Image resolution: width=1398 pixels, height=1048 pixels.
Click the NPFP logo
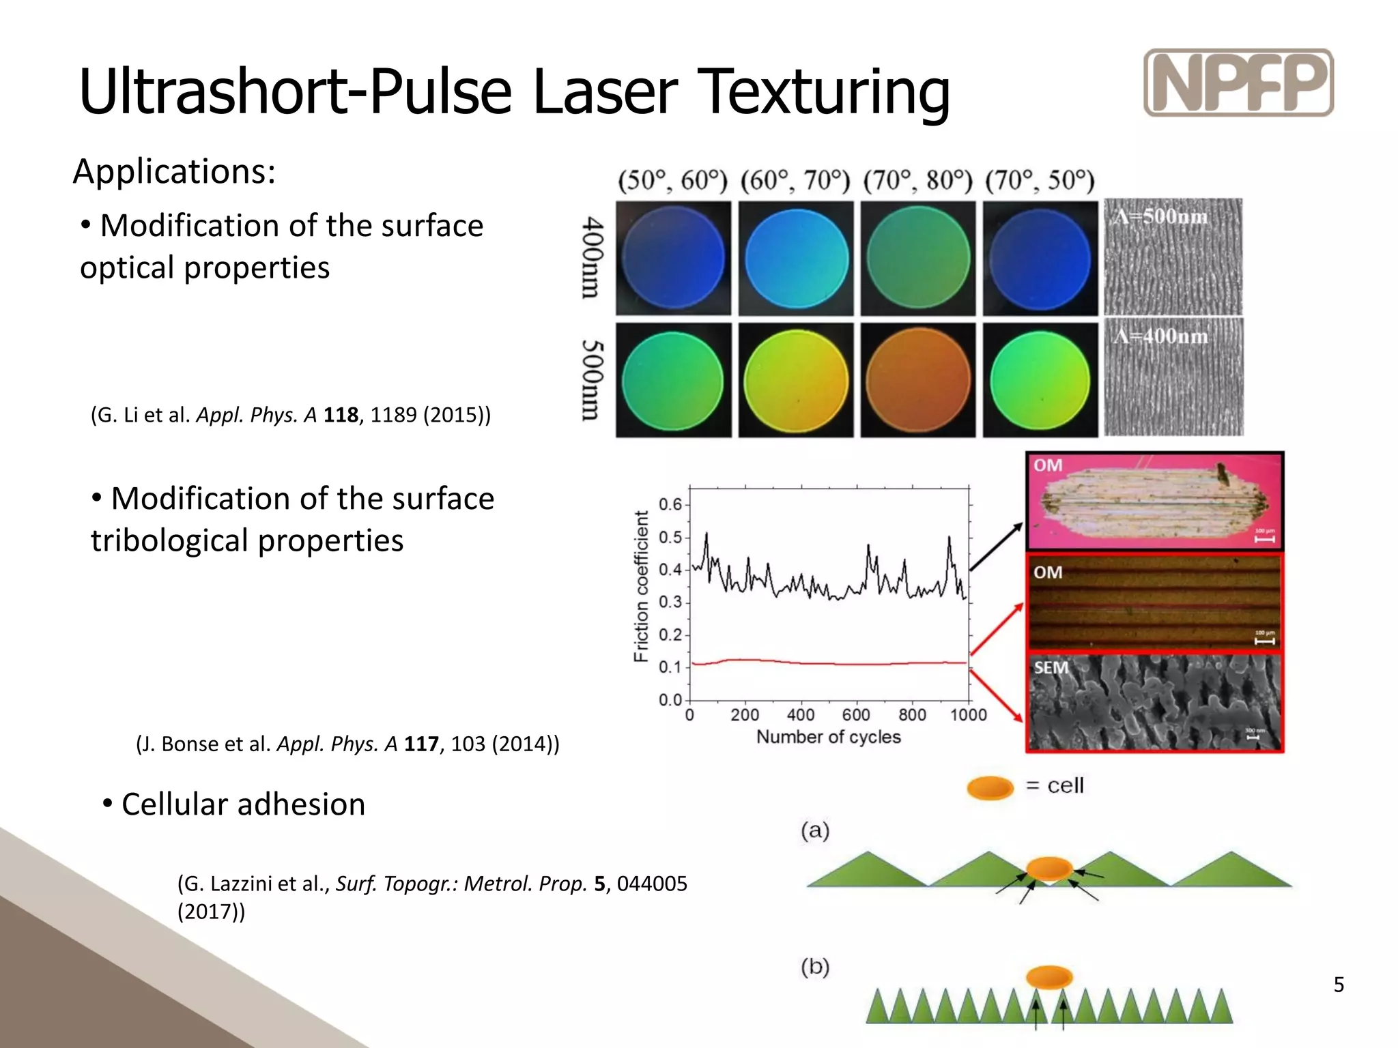pos(1238,83)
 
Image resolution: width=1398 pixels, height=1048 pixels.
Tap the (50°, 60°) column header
pos(672,181)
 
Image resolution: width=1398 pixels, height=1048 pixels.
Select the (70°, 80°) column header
pos(917,181)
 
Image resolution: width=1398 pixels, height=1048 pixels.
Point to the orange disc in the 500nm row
pos(918,380)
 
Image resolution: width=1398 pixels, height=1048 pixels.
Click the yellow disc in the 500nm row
pos(796,380)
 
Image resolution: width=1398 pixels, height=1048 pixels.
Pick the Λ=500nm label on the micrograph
pos(1160,217)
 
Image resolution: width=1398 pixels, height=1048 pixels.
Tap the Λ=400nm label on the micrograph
pos(1160,336)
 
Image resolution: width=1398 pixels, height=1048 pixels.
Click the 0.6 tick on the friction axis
pos(670,504)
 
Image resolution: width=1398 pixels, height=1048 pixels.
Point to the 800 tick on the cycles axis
pos(912,714)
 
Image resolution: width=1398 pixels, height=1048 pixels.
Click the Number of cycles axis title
pos(828,737)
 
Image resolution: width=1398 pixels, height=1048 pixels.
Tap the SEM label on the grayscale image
pos(1051,667)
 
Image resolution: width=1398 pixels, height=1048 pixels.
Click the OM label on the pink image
pos(1048,465)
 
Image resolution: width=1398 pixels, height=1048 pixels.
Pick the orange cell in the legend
pos(990,787)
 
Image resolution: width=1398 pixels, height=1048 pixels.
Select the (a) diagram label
pos(815,830)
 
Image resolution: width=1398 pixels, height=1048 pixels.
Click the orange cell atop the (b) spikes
pos(1049,976)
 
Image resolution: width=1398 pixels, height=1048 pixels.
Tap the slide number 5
pos(1339,985)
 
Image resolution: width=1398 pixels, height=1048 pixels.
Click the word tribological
pos(170,541)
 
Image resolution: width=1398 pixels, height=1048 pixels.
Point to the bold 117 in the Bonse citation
pos(421,744)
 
